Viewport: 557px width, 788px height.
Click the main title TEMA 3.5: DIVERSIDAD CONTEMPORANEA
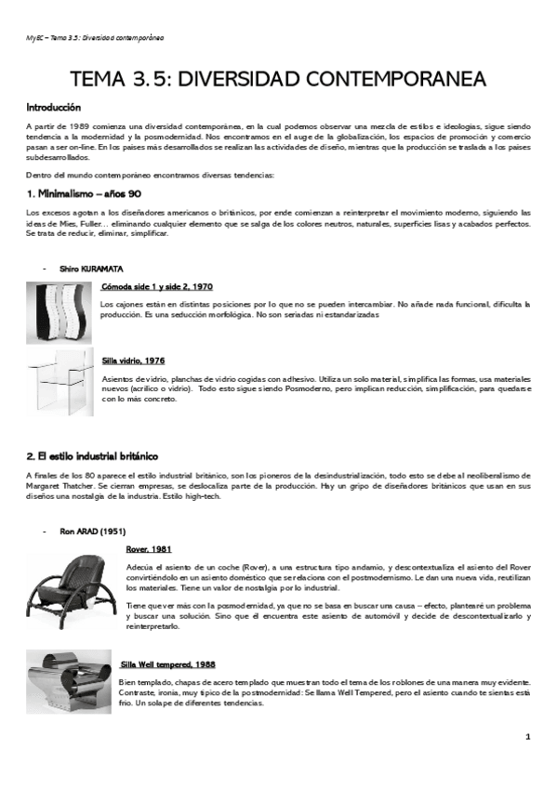[278, 80]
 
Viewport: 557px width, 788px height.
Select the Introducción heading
[53, 108]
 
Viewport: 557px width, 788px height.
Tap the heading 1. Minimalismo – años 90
[84, 193]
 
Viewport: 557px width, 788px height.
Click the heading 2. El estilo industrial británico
[92, 456]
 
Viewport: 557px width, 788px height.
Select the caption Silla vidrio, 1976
[134, 360]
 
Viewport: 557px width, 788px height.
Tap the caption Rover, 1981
[149, 549]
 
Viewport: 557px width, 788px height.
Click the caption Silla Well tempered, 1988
[167, 664]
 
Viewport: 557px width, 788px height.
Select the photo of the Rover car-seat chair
[71, 586]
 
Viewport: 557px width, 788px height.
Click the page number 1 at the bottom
[527, 737]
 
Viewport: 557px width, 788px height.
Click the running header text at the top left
[94, 38]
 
